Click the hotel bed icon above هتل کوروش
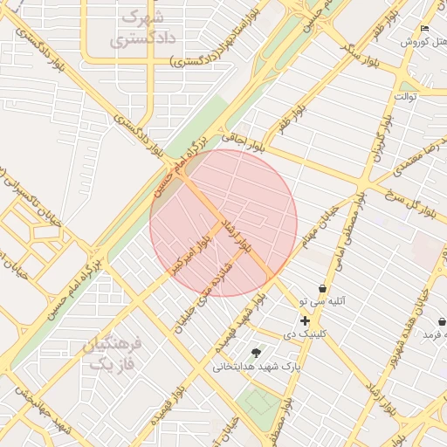coord(424,29)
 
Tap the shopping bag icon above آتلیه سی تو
coord(323,288)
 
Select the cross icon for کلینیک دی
coord(305,321)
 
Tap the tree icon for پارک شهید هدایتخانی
coord(255,353)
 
